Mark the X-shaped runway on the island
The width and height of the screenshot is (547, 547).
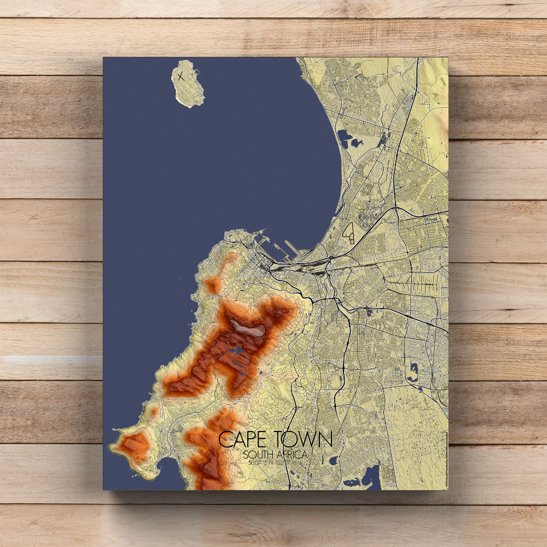click(x=180, y=76)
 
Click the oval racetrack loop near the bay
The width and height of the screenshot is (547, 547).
click(x=351, y=233)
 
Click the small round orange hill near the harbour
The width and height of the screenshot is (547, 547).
click(x=212, y=285)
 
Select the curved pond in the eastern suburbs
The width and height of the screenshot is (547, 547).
click(x=414, y=372)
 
